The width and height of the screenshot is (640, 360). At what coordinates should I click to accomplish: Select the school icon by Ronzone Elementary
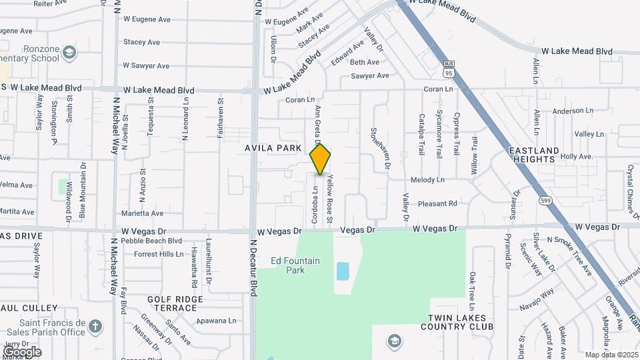click(x=69, y=52)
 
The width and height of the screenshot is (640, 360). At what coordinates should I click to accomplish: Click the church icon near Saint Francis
click(x=96, y=327)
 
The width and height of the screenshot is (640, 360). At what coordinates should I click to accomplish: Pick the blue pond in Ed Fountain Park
click(x=343, y=271)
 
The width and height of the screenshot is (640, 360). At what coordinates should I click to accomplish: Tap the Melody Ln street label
click(x=427, y=180)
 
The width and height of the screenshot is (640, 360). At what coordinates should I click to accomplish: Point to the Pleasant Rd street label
click(x=438, y=203)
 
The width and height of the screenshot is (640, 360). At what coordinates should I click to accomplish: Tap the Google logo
click(x=22, y=351)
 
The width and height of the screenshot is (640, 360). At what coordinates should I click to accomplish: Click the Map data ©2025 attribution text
click(x=611, y=355)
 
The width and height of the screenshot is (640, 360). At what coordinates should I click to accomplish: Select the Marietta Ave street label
click(x=143, y=213)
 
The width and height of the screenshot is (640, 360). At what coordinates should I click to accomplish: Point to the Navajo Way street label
click(x=537, y=300)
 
